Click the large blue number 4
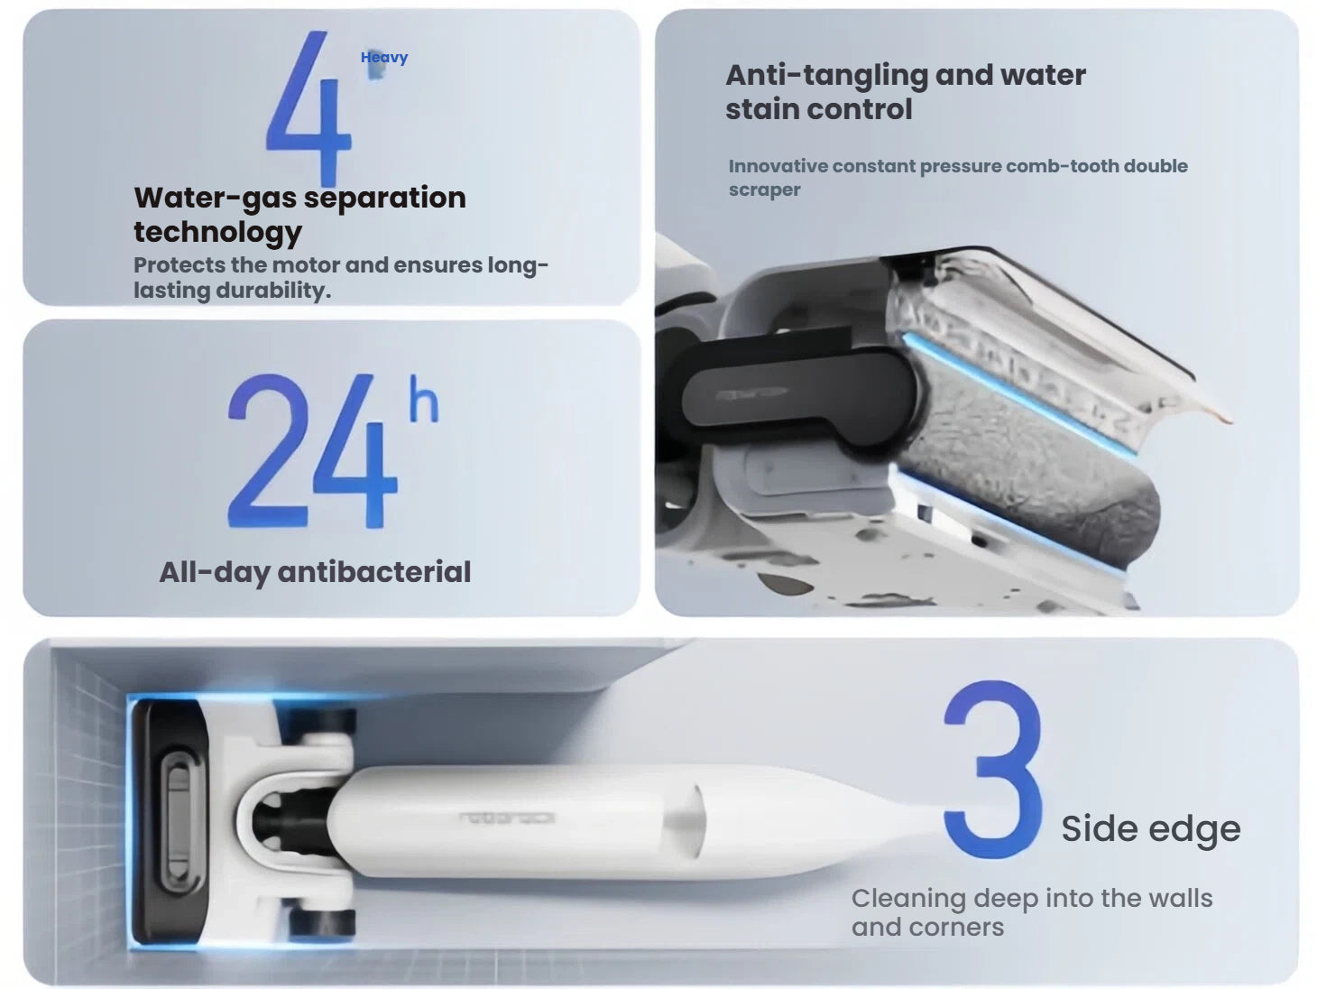pyautogui.click(x=309, y=108)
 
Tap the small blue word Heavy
pyautogui.click(x=384, y=58)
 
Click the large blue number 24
pyautogui.click(x=311, y=451)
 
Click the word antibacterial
pyautogui.click(x=374, y=572)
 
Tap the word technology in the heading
pyautogui.click(x=217, y=232)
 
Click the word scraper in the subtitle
pyautogui.click(x=764, y=190)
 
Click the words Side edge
pyautogui.click(x=1150, y=828)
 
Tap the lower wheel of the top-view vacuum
pyautogui.click(x=323, y=922)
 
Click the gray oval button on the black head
pyautogui.click(x=177, y=821)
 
